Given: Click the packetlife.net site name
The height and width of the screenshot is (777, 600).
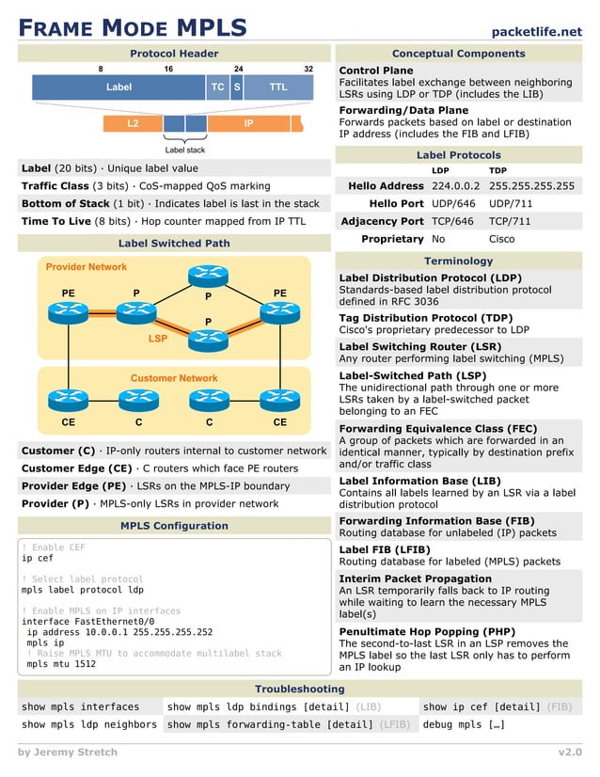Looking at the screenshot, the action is tap(536, 31).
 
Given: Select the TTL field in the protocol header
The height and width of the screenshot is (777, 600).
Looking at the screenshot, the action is tap(278, 87).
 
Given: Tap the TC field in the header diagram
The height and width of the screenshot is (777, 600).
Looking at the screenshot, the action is tap(218, 87).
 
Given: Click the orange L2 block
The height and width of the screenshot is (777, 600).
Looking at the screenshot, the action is tap(133, 123).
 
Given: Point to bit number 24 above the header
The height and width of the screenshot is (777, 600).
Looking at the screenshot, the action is tap(239, 70).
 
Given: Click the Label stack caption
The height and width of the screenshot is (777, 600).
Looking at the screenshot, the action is tap(184, 150).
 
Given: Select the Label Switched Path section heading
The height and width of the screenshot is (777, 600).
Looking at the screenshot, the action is tap(174, 243).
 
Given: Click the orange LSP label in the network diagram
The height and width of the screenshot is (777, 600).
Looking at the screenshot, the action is tap(158, 337).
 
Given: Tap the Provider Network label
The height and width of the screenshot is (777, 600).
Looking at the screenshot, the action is tap(87, 267).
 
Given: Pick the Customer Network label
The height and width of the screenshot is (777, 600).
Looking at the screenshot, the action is tap(174, 378).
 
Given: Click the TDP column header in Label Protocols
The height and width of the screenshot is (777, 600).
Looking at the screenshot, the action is tap(498, 170).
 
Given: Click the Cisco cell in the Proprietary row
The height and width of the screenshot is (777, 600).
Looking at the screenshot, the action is tap(503, 239).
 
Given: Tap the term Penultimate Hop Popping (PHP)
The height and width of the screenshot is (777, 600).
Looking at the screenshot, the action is tap(427, 631).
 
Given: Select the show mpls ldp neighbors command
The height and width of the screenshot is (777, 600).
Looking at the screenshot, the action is tap(89, 724).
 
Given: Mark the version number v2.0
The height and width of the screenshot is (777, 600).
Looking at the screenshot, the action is tap(569, 753).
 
